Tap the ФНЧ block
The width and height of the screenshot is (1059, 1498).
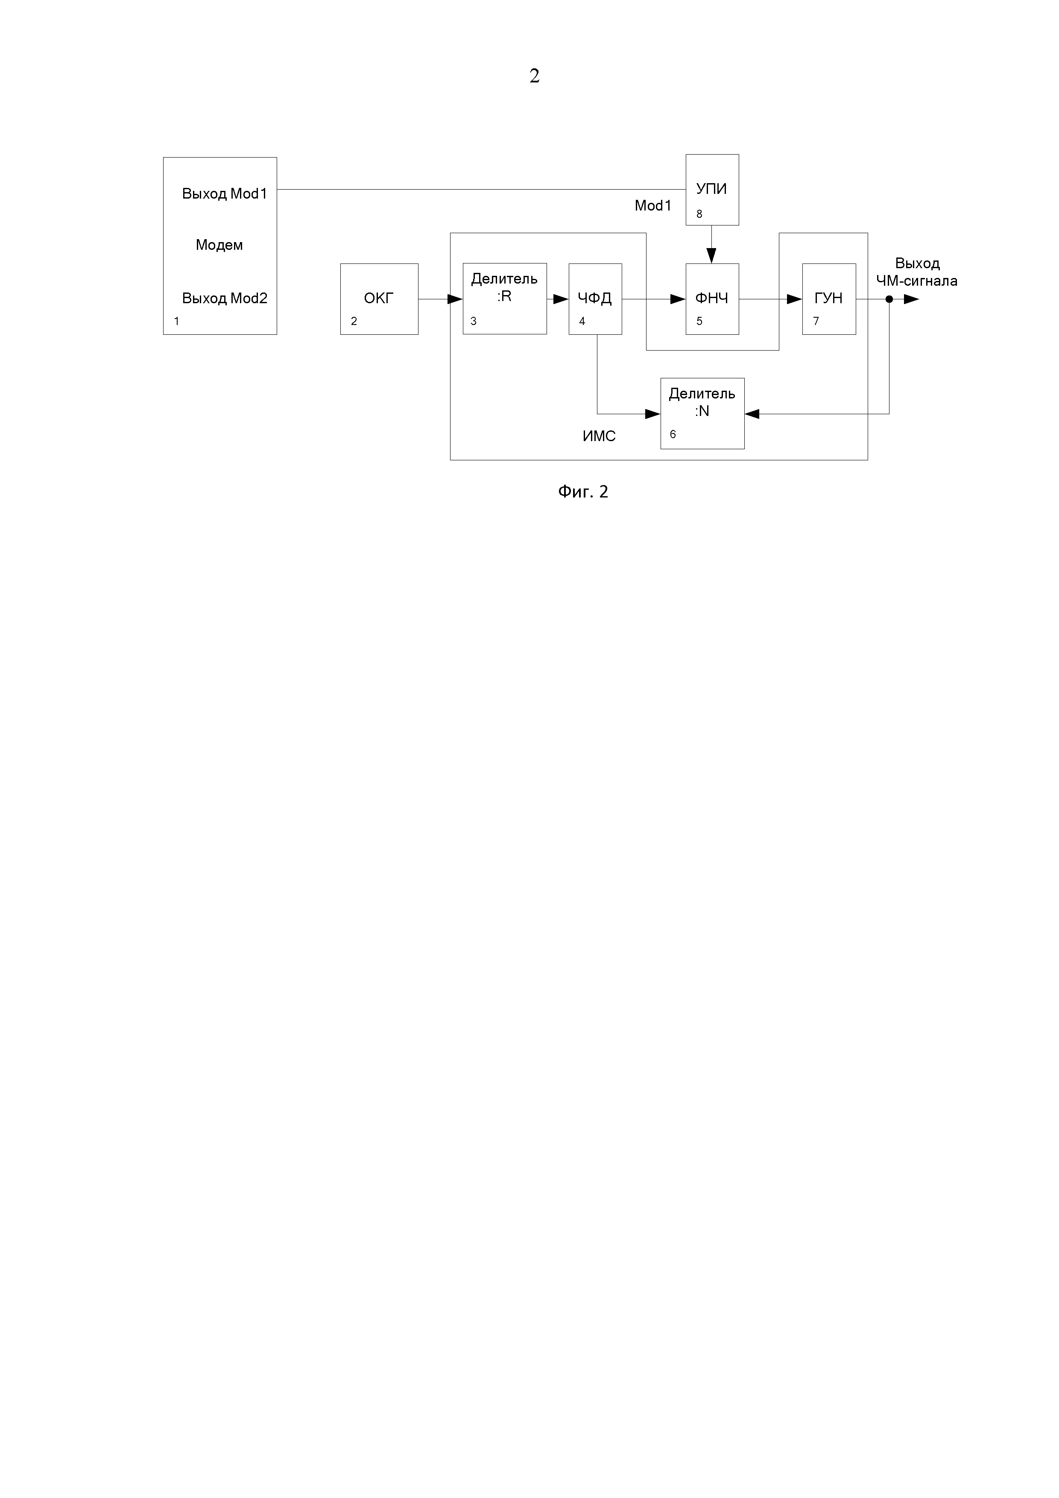[x=712, y=299]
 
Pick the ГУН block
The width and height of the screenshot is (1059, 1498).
[x=829, y=299]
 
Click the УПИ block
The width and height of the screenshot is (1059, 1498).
[x=712, y=189]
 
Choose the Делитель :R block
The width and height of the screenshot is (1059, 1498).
[x=504, y=298]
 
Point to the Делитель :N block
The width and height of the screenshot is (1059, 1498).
[x=702, y=413]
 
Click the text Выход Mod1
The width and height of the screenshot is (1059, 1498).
[x=225, y=194]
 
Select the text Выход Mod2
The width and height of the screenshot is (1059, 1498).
[x=225, y=298]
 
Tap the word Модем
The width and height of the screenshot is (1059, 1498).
[x=219, y=245]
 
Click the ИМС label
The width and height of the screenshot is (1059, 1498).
[x=599, y=436]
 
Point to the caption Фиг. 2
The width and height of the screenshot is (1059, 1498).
[x=583, y=491]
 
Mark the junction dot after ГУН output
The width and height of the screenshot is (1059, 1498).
[x=889, y=299]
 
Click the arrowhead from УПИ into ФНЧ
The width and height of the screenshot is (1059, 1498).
[x=712, y=256]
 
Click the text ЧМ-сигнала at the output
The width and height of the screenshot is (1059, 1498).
[x=917, y=281]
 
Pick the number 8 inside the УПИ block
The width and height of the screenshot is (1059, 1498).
[x=699, y=214]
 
